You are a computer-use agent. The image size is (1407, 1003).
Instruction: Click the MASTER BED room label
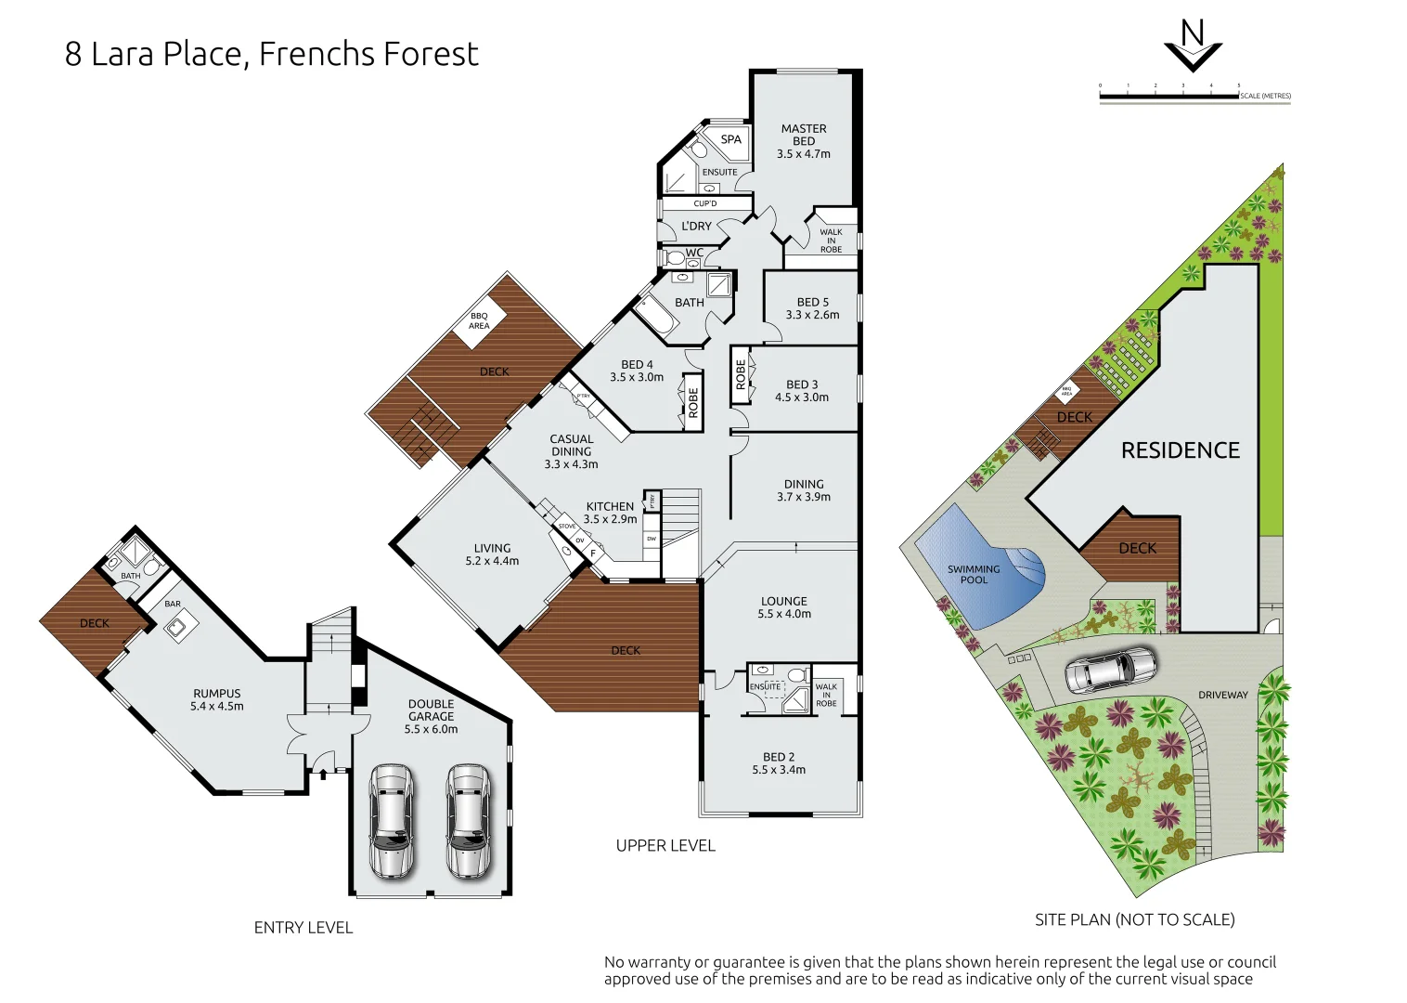click(x=804, y=136)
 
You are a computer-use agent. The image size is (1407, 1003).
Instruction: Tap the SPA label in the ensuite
click(x=731, y=139)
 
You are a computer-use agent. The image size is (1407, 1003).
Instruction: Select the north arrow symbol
click(x=1193, y=46)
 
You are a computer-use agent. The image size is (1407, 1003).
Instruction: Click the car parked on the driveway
click(x=1110, y=670)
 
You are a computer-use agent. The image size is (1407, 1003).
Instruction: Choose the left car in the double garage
click(x=392, y=821)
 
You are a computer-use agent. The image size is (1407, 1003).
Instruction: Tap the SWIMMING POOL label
click(x=974, y=574)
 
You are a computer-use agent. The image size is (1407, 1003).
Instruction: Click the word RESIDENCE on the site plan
click(x=1180, y=450)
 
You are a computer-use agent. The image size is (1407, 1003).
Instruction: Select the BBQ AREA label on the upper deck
click(x=479, y=321)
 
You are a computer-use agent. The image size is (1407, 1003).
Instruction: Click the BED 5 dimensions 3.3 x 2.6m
click(x=812, y=315)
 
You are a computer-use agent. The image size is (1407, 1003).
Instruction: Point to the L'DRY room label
click(x=696, y=226)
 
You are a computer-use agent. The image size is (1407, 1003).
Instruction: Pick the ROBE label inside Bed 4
click(x=692, y=401)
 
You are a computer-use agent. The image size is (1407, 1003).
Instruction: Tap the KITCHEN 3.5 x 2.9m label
click(x=610, y=513)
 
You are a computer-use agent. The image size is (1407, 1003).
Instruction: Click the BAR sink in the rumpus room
click(x=176, y=629)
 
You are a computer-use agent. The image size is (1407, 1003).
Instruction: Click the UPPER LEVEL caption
click(x=665, y=845)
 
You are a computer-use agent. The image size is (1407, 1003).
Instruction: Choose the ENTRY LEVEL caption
click(x=303, y=927)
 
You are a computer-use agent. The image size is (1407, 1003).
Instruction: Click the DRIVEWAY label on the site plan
click(x=1222, y=695)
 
